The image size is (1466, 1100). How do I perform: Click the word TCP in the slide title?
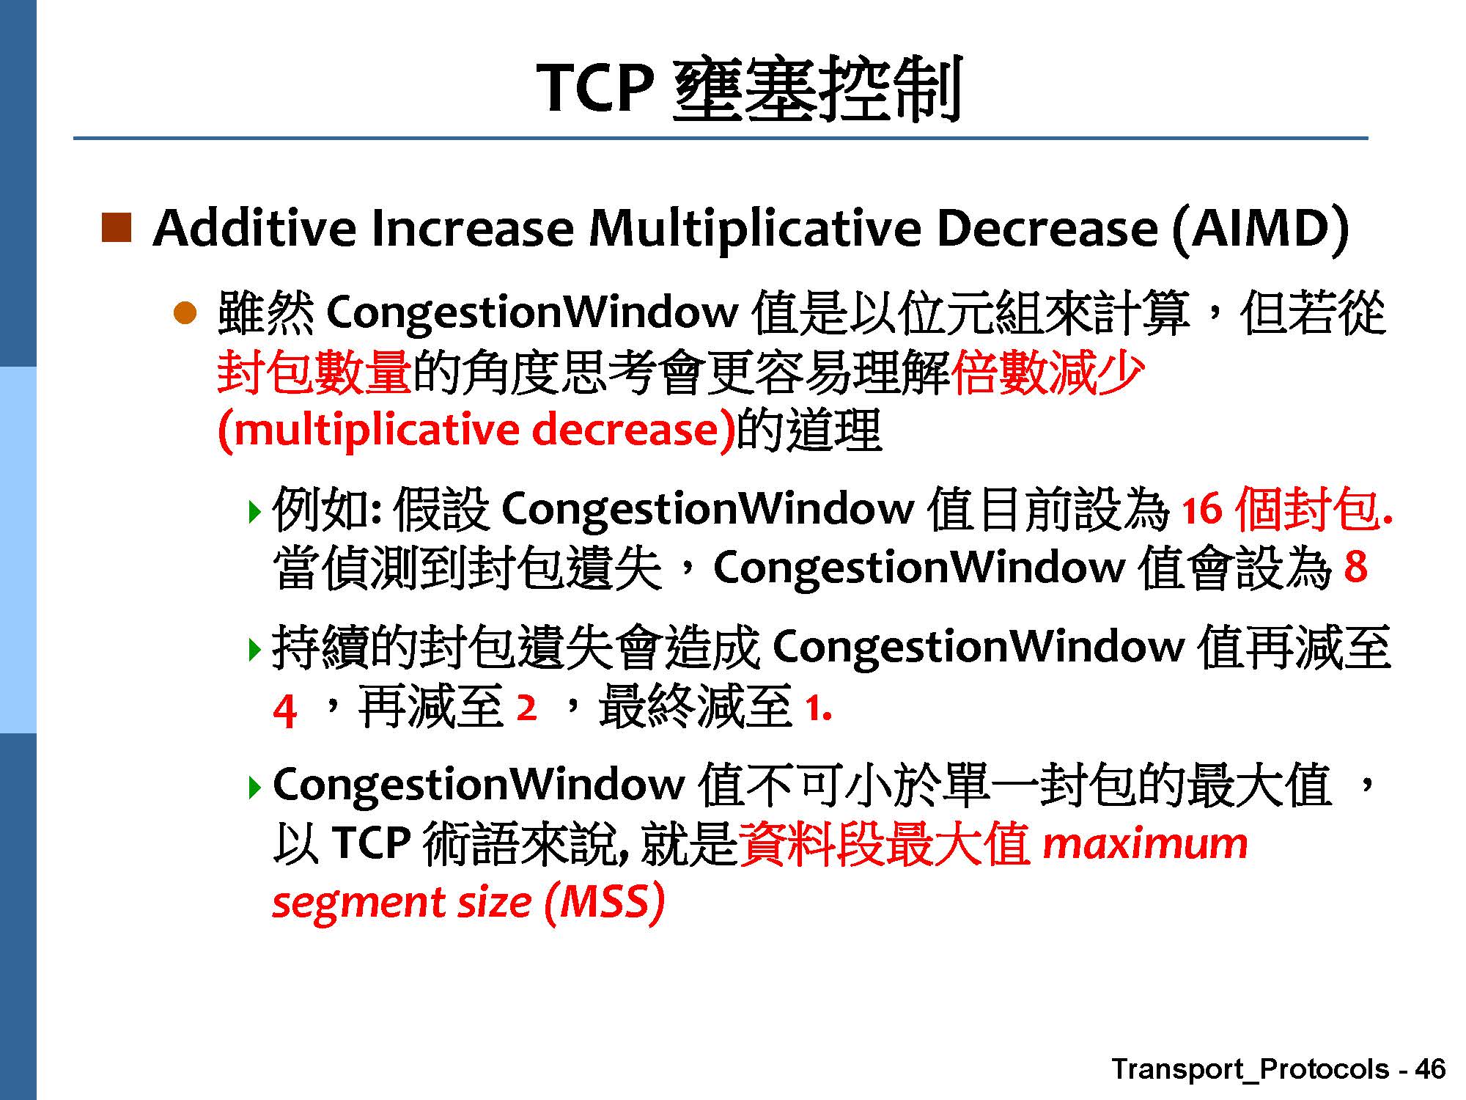pyautogui.click(x=595, y=87)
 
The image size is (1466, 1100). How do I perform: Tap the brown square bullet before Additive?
pyautogui.click(x=116, y=227)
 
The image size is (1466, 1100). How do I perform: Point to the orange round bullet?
pyautogui.click(x=185, y=315)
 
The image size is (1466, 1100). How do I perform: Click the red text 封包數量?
pyautogui.click(x=314, y=372)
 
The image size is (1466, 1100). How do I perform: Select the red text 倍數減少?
pyautogui.click(x=1047, y=372)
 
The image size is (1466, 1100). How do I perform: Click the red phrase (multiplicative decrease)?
pyautogui.click(x=476, y=430)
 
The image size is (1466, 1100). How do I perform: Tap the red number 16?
pyautogui.click(x=1201, y=509)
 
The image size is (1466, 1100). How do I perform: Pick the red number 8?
pyautogui.click(x=1355, y=567)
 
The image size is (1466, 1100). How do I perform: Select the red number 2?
pyautogui.click(x=526, y=708)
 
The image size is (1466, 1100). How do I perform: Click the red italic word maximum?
pyautogui.click(x=1145, y=843)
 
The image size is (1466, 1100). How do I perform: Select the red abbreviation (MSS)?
pyautogui.click(x=605, y=902)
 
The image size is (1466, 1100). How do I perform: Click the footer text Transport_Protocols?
pyautogui.click(x=1250, y=1070)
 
